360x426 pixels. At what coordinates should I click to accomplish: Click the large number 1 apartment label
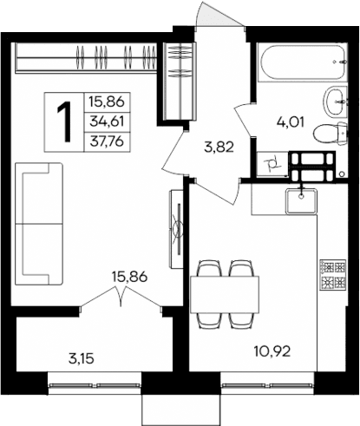pyautogui.click(x=63, y=121)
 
